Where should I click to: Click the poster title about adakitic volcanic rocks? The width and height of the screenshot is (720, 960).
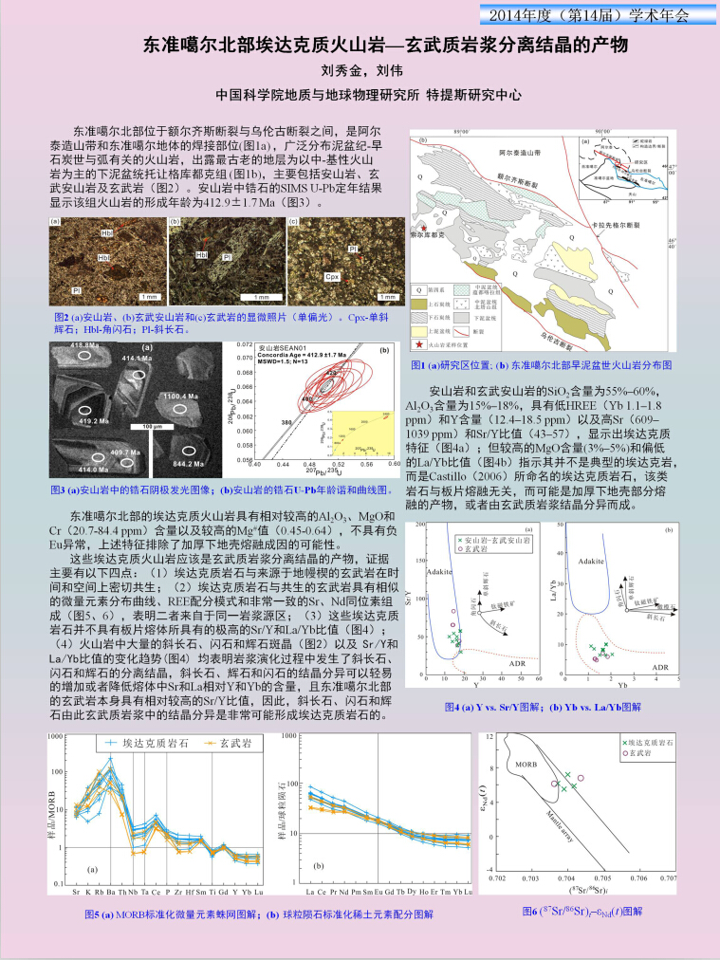click(360, 45)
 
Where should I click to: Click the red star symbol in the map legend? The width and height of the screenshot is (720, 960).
click(419, 347)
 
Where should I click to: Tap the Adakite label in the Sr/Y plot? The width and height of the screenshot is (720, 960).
click(435, 572)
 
